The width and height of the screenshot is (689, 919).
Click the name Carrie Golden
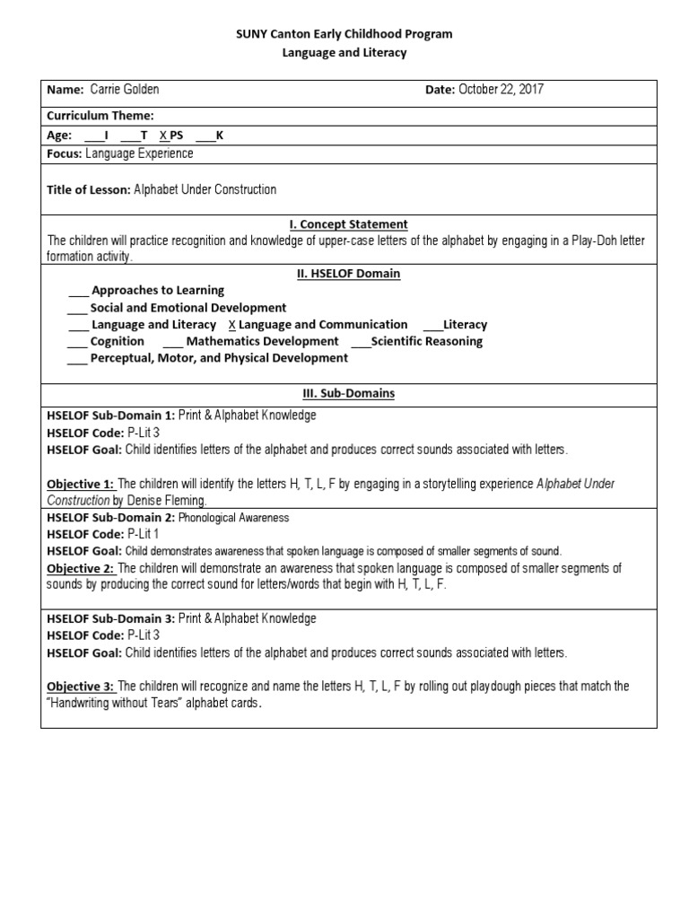pos(125,90)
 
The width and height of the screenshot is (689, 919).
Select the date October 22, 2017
pos(501,90)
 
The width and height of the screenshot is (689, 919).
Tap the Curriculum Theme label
pos(100,116)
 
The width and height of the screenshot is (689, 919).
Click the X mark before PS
pos(162,136)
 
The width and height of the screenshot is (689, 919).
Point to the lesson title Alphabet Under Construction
pos(205,189)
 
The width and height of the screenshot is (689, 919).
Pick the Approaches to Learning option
pos(157,291)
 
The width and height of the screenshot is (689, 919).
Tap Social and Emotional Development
pos(188,308)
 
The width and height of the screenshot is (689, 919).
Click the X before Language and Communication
pos(232,325)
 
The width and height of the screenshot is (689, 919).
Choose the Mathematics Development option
pos(262,342)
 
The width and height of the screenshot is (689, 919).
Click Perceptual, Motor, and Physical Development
pos(219,358)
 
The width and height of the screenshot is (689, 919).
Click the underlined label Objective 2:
pos(81,568)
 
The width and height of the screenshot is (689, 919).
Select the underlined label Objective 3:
pos(81,687)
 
